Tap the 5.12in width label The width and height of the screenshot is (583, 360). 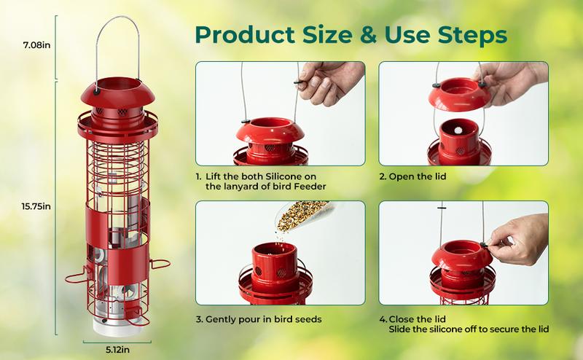pyautogui.click(x=111, y=348)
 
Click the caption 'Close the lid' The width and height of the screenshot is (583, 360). pyautogui.click(x=420, y=319)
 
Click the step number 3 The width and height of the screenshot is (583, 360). pyautogui.click(x=198, y=319)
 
